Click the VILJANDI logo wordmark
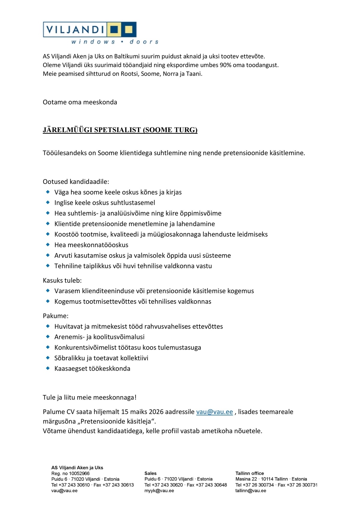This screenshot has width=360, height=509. pos(75,29)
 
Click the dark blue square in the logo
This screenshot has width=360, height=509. pos(114,29)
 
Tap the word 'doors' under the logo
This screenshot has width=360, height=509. pos(144,42)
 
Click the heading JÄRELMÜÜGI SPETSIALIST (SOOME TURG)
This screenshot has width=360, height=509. pos(120,130)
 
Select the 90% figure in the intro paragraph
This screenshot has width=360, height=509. pos(225,65)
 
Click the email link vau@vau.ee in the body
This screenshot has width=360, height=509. pos(214,412)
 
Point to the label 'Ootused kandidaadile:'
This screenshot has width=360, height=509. pos(76,181)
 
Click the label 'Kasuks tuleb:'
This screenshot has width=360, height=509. pos(62,280)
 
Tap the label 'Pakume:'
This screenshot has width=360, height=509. pos(55,316)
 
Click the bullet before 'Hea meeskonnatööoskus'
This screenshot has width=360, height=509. pos(48,244)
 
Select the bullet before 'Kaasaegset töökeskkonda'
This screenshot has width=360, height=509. pos(48,368)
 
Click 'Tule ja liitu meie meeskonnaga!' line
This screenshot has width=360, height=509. pos(90,397)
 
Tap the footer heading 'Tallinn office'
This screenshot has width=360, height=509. pos(250,473)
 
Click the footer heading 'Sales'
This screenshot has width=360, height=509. pos(150,473)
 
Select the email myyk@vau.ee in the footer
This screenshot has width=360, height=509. pos(159,491)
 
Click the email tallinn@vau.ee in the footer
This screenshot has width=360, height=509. pos(250,491)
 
